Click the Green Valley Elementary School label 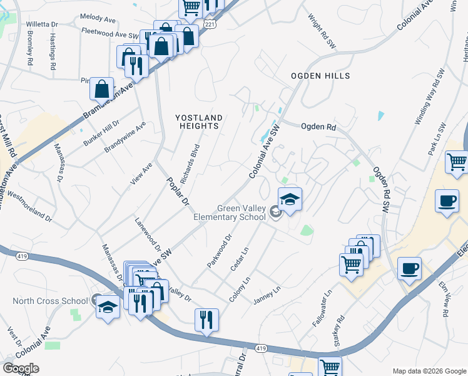tap(242, 213)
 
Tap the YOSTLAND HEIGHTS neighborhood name tap(199, 122)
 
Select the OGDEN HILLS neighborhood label tap(320, 76)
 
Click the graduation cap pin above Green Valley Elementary tap(290, 201)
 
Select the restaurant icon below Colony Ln tap(206, 321)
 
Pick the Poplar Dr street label tap(177, 191)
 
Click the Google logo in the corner tap(21, 368)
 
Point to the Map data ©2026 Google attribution tap(429, 371)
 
